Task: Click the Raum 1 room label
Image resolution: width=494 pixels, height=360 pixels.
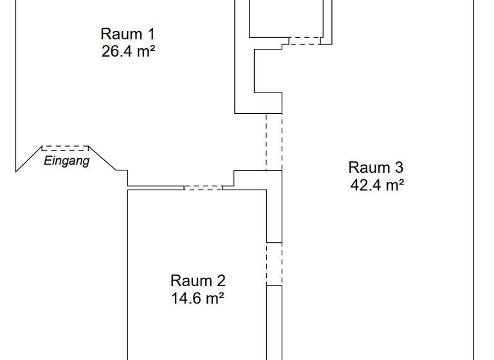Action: [x=128, y=33]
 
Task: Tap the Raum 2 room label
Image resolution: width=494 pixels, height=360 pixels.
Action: [x=197, y=281]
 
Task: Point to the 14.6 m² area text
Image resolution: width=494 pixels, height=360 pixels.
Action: [x=197, y=298]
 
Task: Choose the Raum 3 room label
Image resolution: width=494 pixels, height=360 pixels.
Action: [x=376, y=168]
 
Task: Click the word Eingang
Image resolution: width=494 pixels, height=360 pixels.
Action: [x=66, y=161]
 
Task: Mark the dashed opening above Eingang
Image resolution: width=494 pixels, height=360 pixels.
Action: [x=66, y=148]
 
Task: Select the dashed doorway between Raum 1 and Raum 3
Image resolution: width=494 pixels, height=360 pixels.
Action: [x=274, y=142]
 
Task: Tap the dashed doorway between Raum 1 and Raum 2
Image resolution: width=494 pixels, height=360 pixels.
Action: [x=203, y=187]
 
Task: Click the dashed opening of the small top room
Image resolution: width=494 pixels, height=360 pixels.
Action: [x=304, y=40]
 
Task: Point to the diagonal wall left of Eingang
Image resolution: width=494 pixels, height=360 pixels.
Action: [x=29, y=159]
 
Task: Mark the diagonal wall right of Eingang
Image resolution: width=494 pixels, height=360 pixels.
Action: [x=102, y=159]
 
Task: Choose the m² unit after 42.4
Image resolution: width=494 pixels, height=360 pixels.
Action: [x=394, y=186]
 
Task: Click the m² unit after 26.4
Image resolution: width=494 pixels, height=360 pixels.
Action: [x=145, y=51]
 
